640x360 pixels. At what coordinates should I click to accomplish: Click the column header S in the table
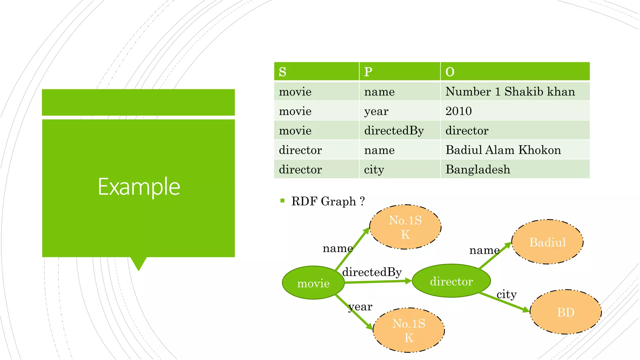tap(282, 72)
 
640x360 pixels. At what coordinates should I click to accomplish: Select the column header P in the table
tap(368, 72)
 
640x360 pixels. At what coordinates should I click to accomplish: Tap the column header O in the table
tap(450, 72)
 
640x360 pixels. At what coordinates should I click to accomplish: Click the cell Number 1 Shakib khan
tap(510, 92)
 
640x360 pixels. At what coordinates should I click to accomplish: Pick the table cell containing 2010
tap(458, 111)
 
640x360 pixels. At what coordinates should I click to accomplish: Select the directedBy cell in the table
tap(394, 131)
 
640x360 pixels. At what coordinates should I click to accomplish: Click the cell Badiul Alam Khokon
tap(503, 150)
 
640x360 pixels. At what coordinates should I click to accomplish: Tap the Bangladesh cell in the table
tap(477, 169)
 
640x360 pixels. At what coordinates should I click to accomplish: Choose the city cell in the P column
tap(374, 169)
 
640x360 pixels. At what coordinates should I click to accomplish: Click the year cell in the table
tap(376, 111)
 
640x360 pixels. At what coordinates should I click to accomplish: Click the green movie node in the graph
tap(313, 283)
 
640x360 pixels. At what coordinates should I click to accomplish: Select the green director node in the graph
tap(451, 281)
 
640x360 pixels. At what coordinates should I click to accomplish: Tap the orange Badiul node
tap(547, 242)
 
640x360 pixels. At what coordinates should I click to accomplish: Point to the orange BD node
tap(566, 312)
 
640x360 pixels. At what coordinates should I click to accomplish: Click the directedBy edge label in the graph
tap(372, 272)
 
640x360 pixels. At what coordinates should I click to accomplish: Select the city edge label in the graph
tap(506, 294)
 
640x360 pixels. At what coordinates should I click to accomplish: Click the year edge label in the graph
tap(360, 307)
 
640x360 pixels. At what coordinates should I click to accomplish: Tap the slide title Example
tap(139, 187)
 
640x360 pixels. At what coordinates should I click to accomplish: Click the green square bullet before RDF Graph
tap(282, 201)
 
